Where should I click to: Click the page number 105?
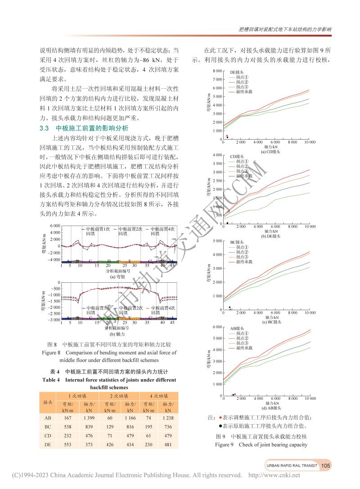(x=326, y=466)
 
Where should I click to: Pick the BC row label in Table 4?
(x=47, y=426)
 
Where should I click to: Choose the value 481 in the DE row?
(x=168, y=444)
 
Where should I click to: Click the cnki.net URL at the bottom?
(x=274, y=475)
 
